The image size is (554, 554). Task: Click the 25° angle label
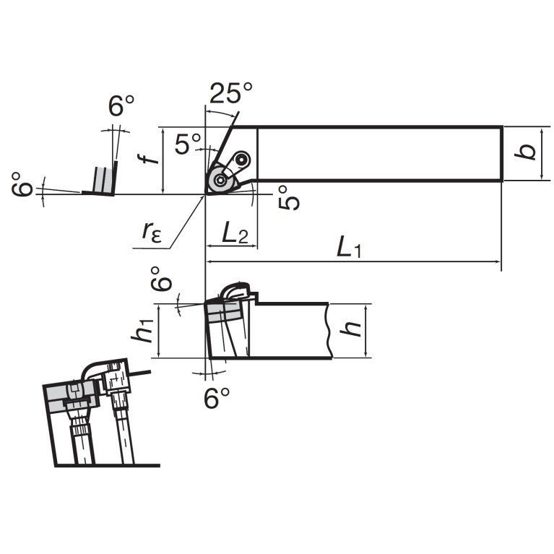click(x=231, y=93)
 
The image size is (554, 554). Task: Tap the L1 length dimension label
click(x=349, y=247)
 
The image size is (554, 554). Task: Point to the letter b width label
click(x=525, y=152)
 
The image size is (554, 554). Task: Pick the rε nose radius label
click(x=152, y=232)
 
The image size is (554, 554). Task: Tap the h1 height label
click(x=142, y=331)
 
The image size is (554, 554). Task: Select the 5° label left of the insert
click(x=188, y=144)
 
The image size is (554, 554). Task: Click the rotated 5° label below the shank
click(x=289, y=198)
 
